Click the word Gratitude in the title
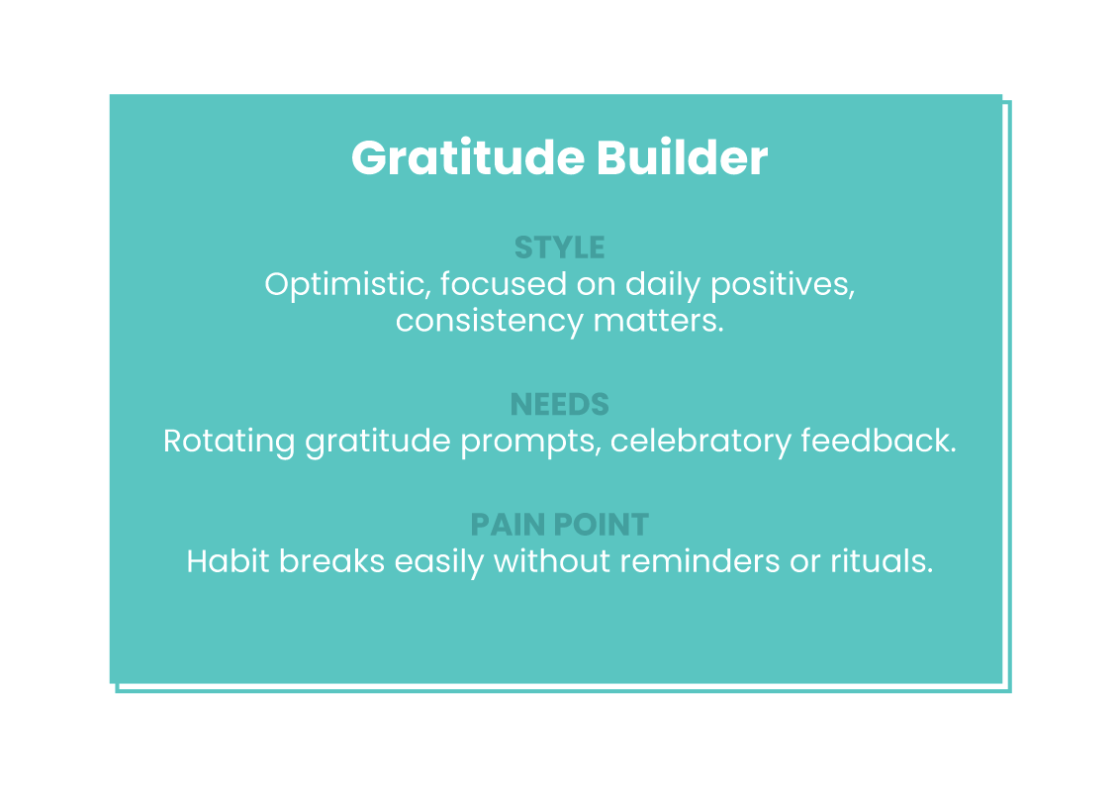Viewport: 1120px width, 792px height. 468,158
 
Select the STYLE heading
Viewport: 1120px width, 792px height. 559,248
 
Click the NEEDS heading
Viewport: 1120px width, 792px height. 559,405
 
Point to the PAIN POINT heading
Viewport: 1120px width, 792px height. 559,525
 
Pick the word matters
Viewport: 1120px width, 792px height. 659,321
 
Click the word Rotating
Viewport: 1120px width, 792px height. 229,442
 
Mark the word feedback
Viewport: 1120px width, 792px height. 879,441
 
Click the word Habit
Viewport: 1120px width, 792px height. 228,561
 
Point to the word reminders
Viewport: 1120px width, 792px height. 700,561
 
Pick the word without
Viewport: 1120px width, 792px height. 551,561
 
